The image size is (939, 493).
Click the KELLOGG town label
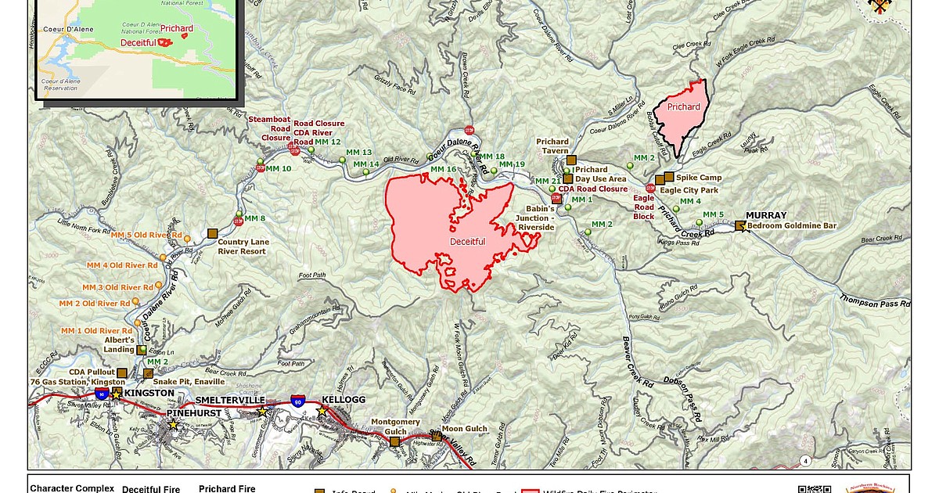(x=344, y=400)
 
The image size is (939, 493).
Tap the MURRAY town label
(x=765, y=215)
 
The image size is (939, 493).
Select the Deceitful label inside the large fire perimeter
(x=467, y=242)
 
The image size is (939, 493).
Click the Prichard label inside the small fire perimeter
(x=683, y=107)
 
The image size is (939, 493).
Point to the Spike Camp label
(x=698, y=178)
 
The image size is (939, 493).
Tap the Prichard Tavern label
(x=552, y=146)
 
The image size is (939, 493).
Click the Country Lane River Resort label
(x=243, y=246)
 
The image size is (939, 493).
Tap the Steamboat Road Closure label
(x=270, y=128)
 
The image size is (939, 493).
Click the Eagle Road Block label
(x=643, y=207)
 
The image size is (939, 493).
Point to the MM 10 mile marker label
(x=279, y=168)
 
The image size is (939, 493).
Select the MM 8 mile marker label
(x=255, y=218)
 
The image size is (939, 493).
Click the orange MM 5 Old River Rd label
(x=146, y=235)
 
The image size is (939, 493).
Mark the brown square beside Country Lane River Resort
(x=212, y=233)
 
